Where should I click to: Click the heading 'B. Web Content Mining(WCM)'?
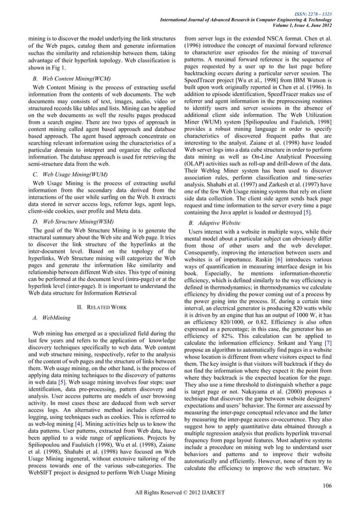72,77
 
